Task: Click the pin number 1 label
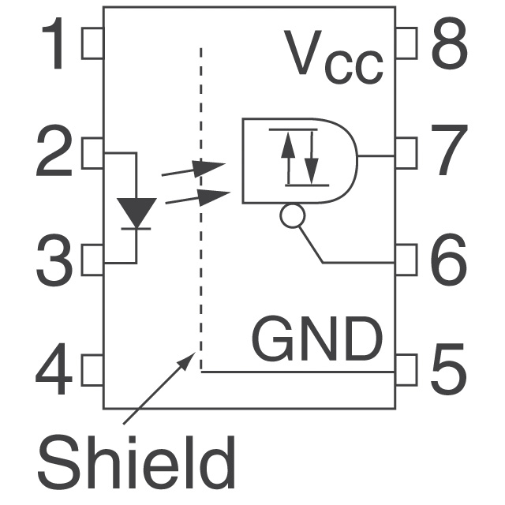pyautogui.click(x=56, y=45)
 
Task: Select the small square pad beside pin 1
pyautogui.click(x=92, y=44)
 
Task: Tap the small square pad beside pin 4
pyautogui.click(x=92, y=369)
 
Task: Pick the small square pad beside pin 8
pyautogui.click(x=406, y=44)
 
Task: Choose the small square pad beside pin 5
pyautogui.click(x=406, y=369)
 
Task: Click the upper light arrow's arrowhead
pyautogui.click(x=211, y=167)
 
